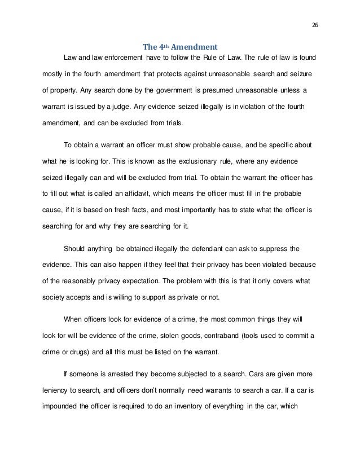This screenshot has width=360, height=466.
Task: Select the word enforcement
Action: (x=120, y=58)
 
